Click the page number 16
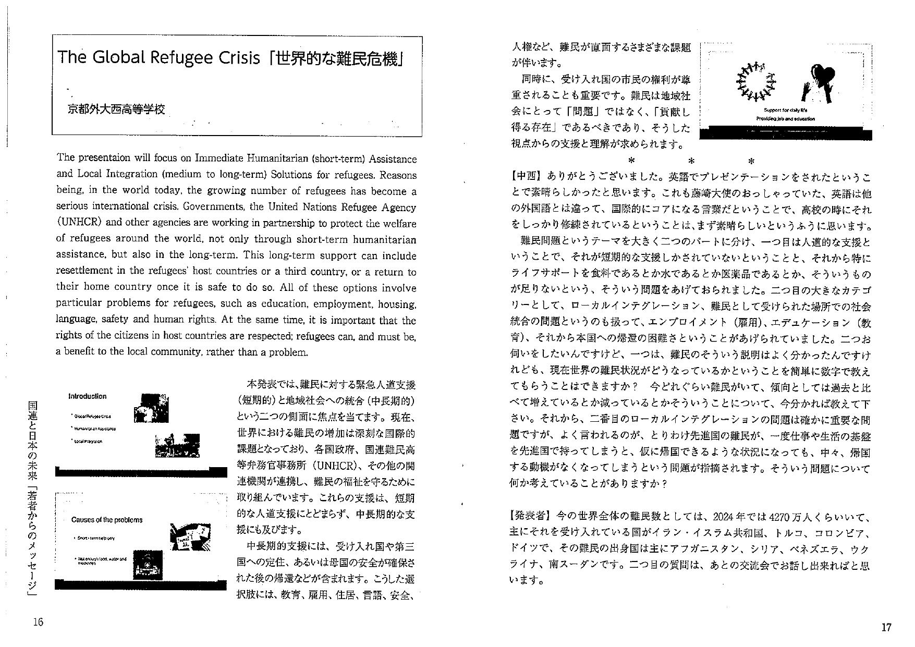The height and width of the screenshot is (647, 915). pyautogui.click(x=38, y=621)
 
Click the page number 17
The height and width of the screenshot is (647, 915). pyautogui.click(x=886, y=627)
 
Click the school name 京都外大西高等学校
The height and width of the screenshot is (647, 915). pyautogui.click(x=116, y=109)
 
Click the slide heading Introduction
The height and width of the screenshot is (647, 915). pyautogui.click(x=87, y=396)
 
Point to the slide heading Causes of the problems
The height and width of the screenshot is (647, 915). pyautogui.click(x=106, y=520)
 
